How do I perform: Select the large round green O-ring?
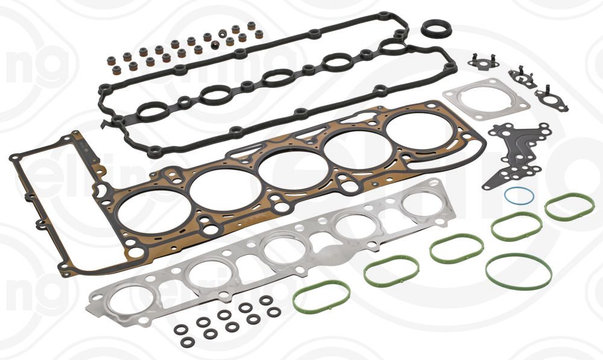pyautogui.click(x=519, y=272)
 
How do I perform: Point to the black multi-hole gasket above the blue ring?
pyautogui.click(x=517, y=155)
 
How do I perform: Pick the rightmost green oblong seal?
pyautogui.click(x=569, y=207)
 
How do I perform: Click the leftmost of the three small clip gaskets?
pyautogui.click(x=482, y=62)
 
